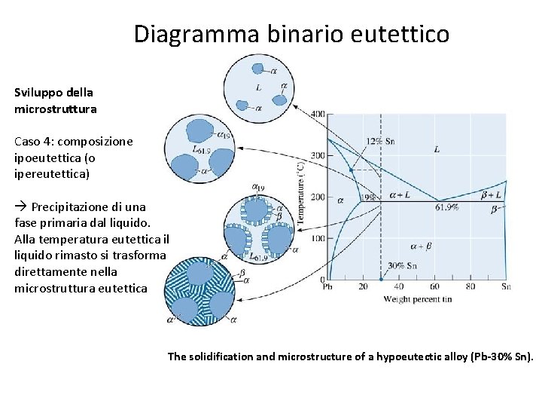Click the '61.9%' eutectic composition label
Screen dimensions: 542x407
pyautogui.click(x=447, y=207)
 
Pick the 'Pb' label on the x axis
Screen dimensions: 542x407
pyautogui.click(x=328, y=286)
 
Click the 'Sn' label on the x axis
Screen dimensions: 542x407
pyautogui.click(x=506, y=286)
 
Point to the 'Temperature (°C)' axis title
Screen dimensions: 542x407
pyautogui.click(x=300, y=194)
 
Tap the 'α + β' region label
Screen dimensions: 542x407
pyautogui.click(x=421, y=246)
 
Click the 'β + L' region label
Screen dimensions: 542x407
pyautogui.click(x=492, y=194)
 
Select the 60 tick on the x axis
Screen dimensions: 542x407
pyautogui.click(x=434, y=286)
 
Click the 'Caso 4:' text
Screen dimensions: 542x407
pyautogui.click(x=34, y=141)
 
